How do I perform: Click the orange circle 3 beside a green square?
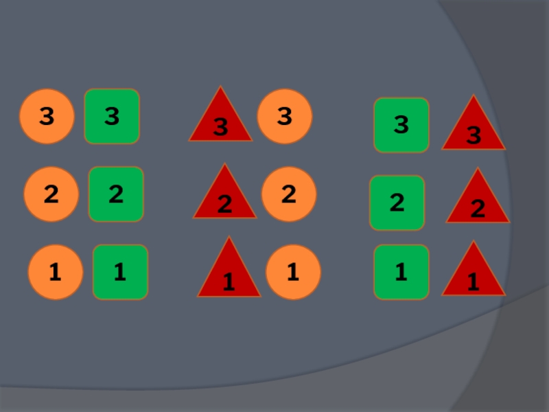[x=46, y=117]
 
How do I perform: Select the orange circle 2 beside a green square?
[x=51, y=194]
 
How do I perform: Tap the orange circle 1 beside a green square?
[x=55, y=273]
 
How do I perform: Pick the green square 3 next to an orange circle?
[x=112, y=117]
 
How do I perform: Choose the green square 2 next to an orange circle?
[x=116, y=194]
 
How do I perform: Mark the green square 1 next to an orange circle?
[x=120, y=272]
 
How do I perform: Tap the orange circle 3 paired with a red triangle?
[x=284, y=117]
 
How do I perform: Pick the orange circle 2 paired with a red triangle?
[x=288, y=194]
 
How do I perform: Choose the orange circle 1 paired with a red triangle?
[x=293, y=273]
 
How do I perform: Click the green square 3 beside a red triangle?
[x=401, y=125]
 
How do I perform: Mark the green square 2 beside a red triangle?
[x=397, y=203]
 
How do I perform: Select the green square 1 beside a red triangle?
[x=401, y=273]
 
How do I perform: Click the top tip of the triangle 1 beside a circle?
[x=229, y=238]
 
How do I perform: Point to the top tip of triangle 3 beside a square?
[x=474, y=96]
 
